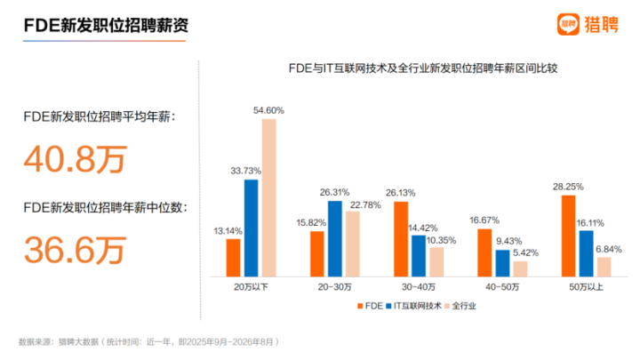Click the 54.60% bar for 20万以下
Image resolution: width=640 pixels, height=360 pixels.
[x=269, y=198]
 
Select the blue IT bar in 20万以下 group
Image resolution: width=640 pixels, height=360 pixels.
[x=251, y=228]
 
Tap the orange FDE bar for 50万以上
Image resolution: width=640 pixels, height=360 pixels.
[x=568, y=236]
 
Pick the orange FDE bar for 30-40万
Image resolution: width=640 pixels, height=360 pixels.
[x=401, y=239]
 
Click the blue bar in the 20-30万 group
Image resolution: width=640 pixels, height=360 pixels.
[x=335, y=239]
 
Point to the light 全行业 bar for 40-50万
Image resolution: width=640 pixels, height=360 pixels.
[x=520, y=269]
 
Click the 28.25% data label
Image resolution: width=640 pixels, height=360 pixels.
[x=568, y=187]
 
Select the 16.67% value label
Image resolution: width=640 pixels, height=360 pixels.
[x=484, y=220]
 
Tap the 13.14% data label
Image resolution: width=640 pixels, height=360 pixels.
[x=228, y=231]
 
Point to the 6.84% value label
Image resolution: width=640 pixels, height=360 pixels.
[x=609, y=249]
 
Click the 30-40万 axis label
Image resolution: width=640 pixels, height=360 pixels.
[x=419, y=287]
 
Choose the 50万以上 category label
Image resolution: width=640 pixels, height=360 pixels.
[x=586, y=287]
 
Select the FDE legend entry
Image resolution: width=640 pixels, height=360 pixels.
[x=370, y=306]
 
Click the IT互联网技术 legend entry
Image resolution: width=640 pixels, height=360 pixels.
[x=413, y=306]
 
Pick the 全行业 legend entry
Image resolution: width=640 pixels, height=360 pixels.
[x=460, y=306]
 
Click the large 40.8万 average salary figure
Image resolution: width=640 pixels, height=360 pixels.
[x=75, y=159]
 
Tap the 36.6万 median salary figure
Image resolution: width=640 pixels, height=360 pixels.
[x=75, y=250]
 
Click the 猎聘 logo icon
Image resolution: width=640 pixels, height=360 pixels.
[x=568, y=24]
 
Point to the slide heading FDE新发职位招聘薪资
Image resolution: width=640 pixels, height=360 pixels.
[x=106, y=25]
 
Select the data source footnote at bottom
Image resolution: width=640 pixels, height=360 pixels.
[x=149, y=341]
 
